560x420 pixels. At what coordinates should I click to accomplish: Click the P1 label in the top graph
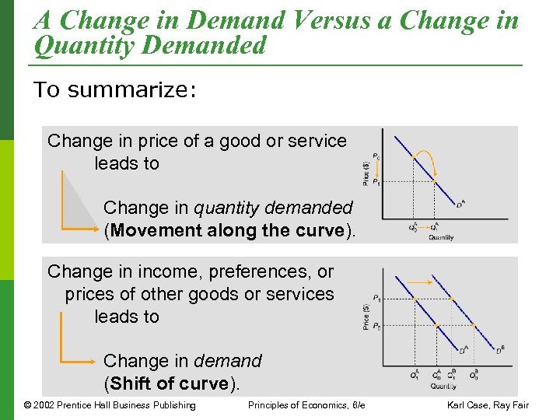pos(376,182)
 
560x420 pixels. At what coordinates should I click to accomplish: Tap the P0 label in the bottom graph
pos(376,325)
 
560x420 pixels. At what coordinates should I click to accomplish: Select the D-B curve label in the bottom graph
pos(500,350)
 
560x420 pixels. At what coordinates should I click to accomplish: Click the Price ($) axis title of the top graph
pos(366,173)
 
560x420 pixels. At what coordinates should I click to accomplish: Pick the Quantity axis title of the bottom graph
pos(444,385)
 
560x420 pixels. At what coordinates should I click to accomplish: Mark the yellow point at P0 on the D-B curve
pos(473,325)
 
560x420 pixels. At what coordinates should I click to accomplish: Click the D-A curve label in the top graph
pos(460,205)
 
